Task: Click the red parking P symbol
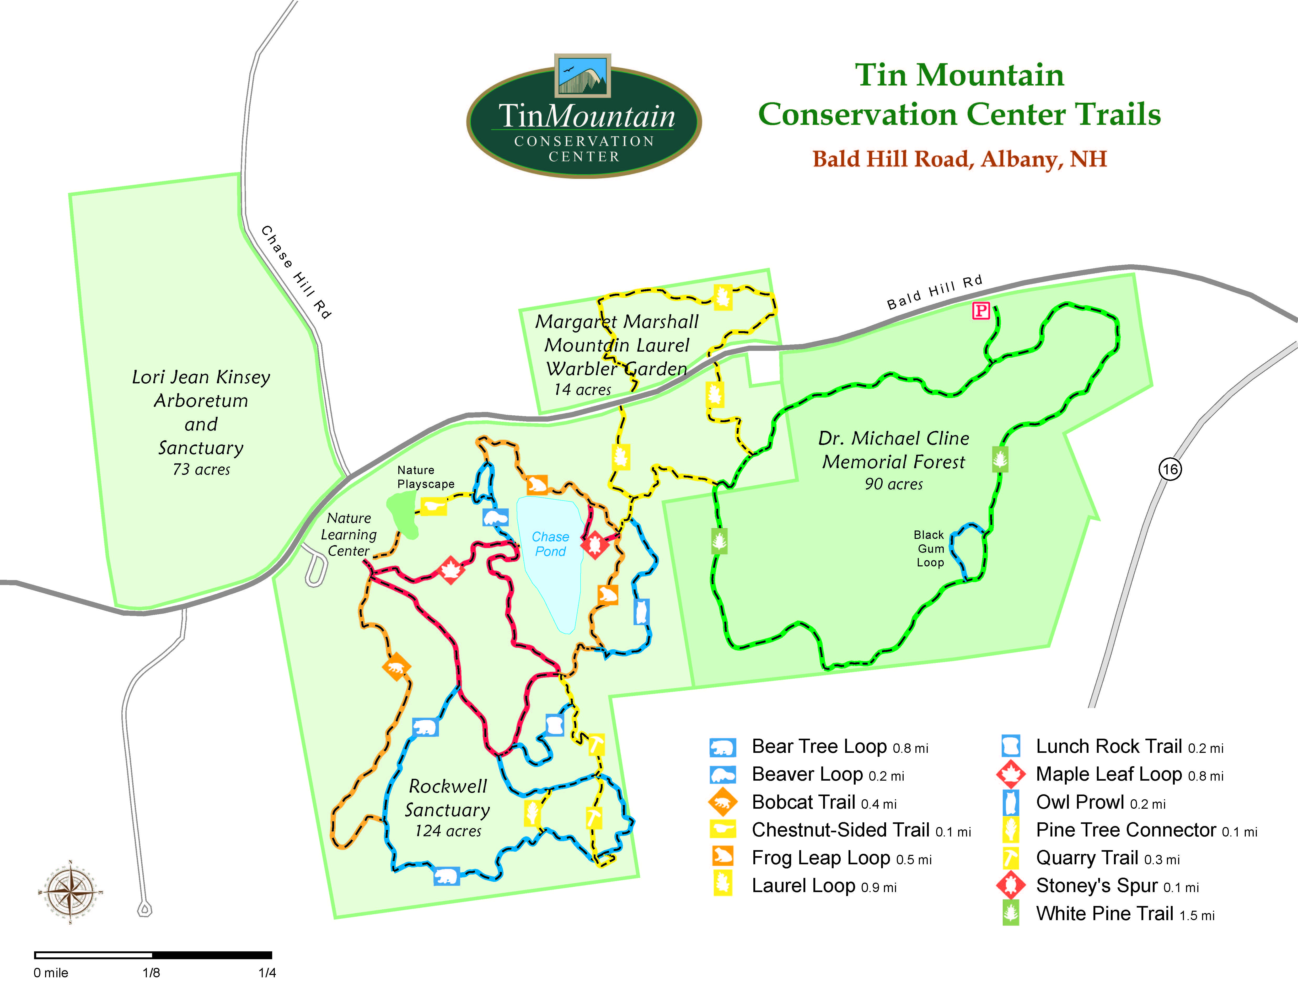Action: (x=981, y=310)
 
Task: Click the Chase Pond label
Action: (x=550, y=544)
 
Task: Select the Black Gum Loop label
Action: (x=930, y=549)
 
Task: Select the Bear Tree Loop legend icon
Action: (x=723, y=747)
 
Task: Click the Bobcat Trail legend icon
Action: (x=723, y=802)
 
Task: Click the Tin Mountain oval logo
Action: (x=584, y=119)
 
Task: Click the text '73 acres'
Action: (x=201, y=469)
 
